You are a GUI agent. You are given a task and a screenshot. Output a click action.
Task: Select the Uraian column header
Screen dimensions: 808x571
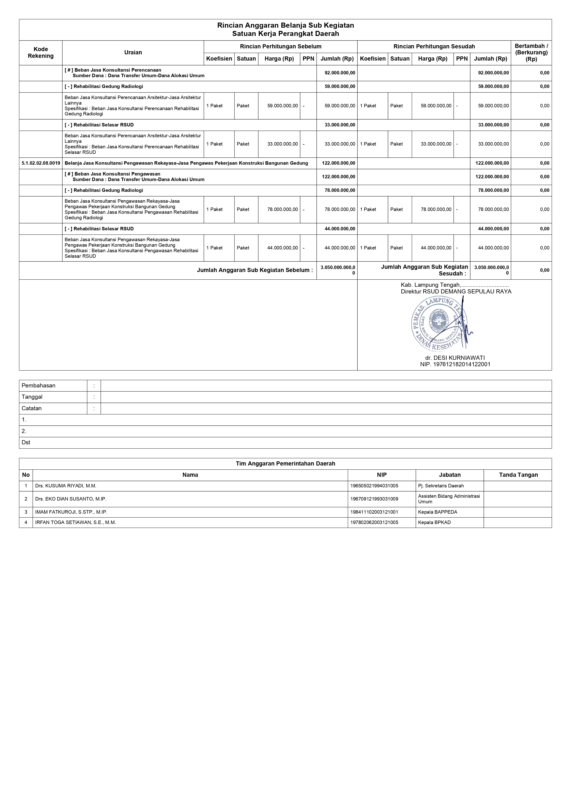pyautogui.click(x=133, y=53)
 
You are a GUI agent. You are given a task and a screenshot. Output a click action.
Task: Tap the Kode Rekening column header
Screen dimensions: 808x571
pyautogui.click(x=41, y=53)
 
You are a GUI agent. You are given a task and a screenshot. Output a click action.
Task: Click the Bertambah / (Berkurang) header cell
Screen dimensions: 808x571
pyautogui.click(x=531, y=53)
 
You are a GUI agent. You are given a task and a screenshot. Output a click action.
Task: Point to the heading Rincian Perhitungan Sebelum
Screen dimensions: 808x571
pyautogui.click(x=280, y=47)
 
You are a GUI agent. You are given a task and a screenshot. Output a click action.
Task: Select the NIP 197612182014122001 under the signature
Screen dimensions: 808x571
pyautogui.click(x=455, y=365)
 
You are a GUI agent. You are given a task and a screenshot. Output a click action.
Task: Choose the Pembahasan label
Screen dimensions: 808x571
pyautogui.click(x=39, y=386)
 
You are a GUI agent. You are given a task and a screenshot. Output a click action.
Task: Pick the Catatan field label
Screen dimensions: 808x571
pyautogui.click(x=32, y=409)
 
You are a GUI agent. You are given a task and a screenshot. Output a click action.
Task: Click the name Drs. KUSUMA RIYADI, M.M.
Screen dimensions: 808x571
pyautogui.click(x=66, y=486)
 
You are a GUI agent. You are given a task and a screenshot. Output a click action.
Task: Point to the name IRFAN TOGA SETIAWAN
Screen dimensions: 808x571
pyautogui.click(x=75, y=523)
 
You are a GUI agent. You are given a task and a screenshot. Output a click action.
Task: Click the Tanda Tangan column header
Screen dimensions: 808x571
pyautogui.click(x=518, y=475)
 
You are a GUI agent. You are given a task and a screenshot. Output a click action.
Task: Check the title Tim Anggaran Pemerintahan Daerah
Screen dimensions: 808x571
pyautogui.click(x=285, y=464)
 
